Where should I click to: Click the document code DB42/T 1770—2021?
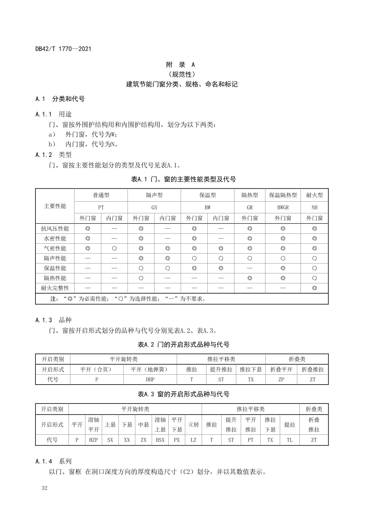click(x=63, y=49)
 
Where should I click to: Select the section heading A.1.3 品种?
click(x=53, y=320)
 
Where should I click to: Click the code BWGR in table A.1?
click(x=283, y=207)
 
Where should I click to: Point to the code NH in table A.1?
click(x=314, y=207)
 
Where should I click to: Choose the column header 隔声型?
click(x=154, y=195)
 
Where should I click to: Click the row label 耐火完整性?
click(x=55, y=288)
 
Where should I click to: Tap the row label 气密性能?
click(x=55, y=248)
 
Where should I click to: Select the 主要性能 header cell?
click(x=55, y=206)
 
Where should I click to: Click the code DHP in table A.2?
click(x=150, y=379)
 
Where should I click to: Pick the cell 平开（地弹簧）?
click(x=150, y=370)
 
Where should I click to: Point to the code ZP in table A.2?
click(x=281, y=379)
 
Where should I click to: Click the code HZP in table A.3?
click(x=93, y=440)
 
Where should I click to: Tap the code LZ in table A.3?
click(x=193, y=440)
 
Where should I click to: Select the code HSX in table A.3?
click(x=160, y=440)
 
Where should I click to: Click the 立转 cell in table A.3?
click(x=193, y=425)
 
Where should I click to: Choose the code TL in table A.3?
click(x=289, y=440)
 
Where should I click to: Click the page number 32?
click(x=44, y=488)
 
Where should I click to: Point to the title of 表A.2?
click(x=183, y=345)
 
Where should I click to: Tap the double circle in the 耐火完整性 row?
click(x=314, y=288)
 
